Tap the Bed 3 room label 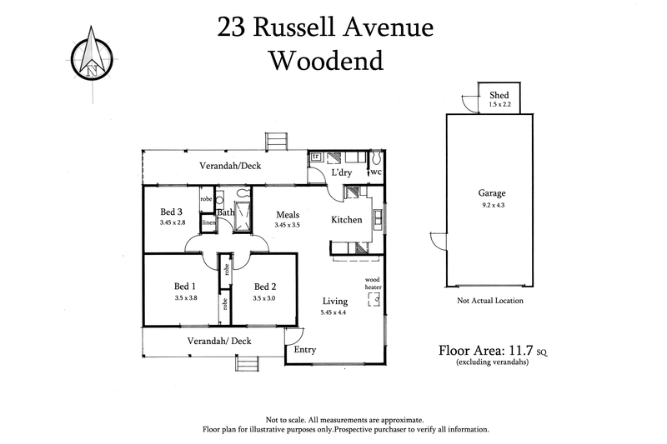coord(173,212)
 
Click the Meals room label coord(288,215)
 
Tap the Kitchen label coord(346,220)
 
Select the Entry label coord(306,351)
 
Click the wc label coord(376,172)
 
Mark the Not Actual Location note coord(491,301)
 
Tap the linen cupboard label coord(208,222)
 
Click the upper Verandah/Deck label coord(230,166)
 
